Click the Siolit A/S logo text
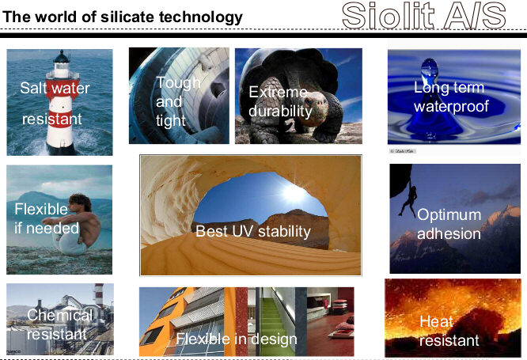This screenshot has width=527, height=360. [424, 16]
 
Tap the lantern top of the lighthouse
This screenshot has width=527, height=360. [62, 60]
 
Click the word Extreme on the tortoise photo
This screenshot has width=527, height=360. [278, 92]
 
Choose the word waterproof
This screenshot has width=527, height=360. [451, 107]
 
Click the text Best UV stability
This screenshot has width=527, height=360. [253, 231]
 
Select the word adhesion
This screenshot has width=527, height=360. [449, 234]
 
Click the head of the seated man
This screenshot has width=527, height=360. [81, 203]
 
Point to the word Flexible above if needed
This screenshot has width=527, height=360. [41, 210]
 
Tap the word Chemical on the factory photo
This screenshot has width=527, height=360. [59, 315]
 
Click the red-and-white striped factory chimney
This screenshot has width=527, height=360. [99, 296]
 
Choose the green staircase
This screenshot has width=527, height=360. [272, 323]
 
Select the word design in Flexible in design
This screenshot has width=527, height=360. [275, 339]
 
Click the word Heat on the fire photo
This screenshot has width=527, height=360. [436, 322]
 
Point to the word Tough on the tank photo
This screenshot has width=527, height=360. [178, 83]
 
